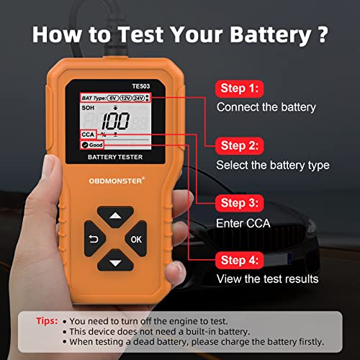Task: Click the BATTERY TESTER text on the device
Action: point(115,156)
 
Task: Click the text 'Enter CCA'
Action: point(243,223)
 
